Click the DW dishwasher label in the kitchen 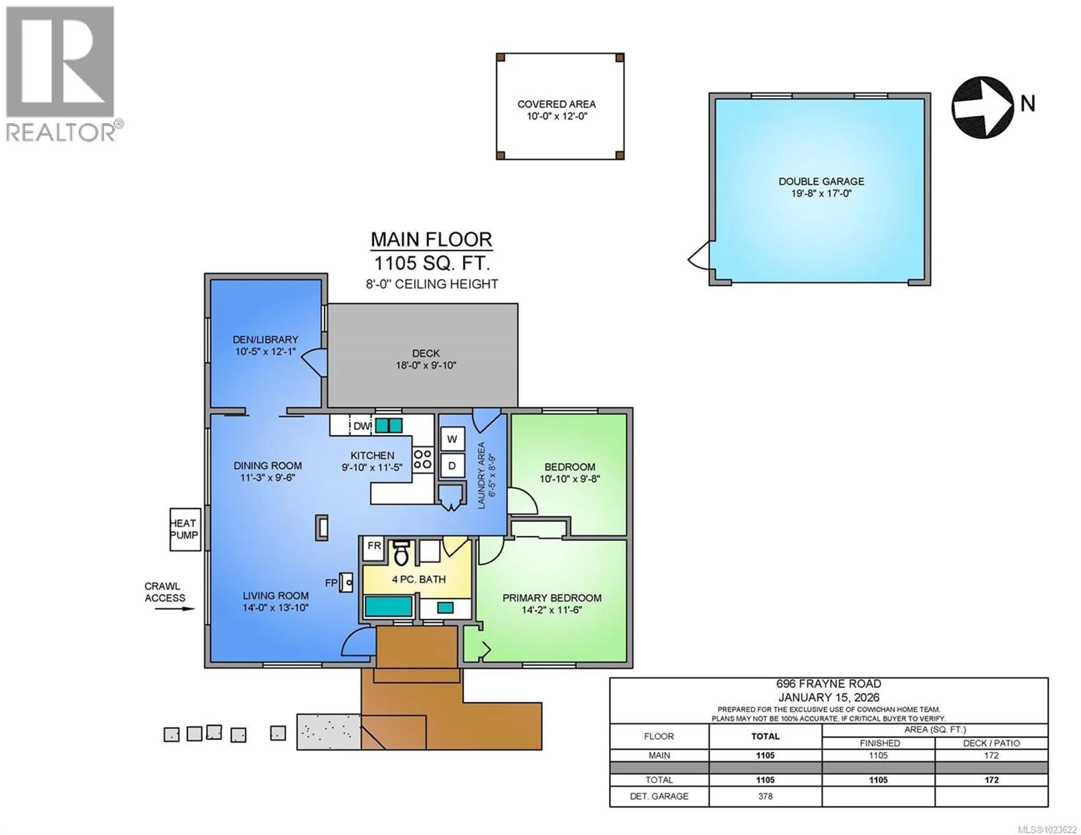click(x=362, y=426)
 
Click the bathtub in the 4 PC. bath click(x=388, y=606)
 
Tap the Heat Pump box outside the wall click(x=185, y=529)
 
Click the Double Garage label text click(x=821, y=181)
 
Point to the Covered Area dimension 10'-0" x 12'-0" click(x=556, y=116)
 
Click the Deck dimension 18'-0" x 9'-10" click(x=426, y=365)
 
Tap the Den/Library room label click(x=265, y=339)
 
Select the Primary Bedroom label click(x=552, y=598)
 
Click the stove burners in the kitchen click(x=422, y=459)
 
